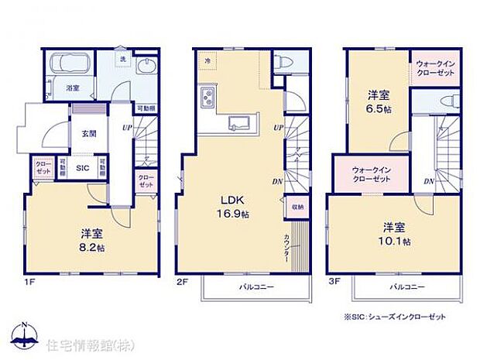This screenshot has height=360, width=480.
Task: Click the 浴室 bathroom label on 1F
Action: (x=73, y=88)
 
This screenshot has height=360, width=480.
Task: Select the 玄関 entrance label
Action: (x=88, y=133)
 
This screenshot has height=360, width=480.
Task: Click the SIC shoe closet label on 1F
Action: (x=83, y=166)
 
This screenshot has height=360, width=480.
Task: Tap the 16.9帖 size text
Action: (x=234, y=214)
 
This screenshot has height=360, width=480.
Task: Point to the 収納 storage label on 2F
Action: (x=298, y=207)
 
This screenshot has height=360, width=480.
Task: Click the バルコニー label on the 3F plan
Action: (x=406, y=286)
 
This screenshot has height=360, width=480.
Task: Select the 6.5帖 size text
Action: (x=378, y=109)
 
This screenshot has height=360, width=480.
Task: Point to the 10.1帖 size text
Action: (x=395, y=242)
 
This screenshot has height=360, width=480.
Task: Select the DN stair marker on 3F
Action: (x=428, y=181)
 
